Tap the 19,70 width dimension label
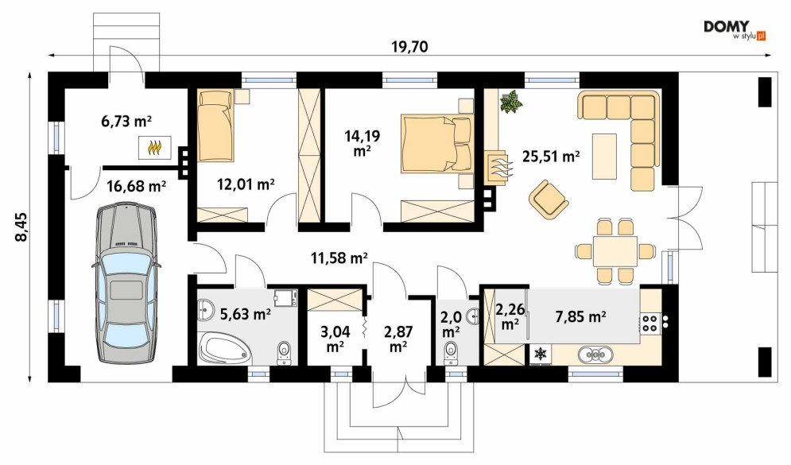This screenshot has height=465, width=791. [409, 47]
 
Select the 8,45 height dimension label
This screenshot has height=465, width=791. [21, 227]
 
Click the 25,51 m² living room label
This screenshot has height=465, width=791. [550, 157]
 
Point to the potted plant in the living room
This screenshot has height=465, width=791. [511, 102]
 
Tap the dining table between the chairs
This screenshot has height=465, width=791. [615, 251]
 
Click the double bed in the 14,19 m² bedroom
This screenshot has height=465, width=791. [437, 144]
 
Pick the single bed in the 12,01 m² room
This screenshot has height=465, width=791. [216, 125]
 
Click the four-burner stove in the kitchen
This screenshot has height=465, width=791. [649, 323]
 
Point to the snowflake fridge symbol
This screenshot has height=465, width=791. [541, 354]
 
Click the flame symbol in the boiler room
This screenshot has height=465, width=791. [155, 149]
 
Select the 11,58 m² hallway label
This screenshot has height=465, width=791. [339, 258]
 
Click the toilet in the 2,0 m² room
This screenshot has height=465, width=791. [451, 353]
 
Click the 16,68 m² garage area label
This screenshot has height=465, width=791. [136, 187]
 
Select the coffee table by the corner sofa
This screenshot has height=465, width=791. [604, 156]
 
